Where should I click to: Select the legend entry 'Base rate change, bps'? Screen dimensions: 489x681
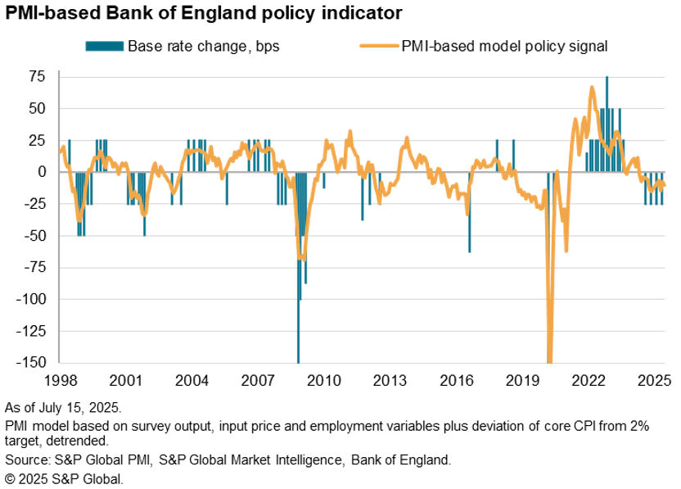point(203,46)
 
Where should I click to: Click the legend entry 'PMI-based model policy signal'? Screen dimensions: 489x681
point(504,46)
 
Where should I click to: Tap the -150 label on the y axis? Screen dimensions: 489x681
point(35,363)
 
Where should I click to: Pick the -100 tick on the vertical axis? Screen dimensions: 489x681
point(35,300)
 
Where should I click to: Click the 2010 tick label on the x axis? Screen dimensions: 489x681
point(323,381)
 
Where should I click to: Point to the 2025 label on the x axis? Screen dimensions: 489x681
point(656,381)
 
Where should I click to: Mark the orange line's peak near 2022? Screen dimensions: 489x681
point(592,87)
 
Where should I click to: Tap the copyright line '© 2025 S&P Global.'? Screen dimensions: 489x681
point(64,478)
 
